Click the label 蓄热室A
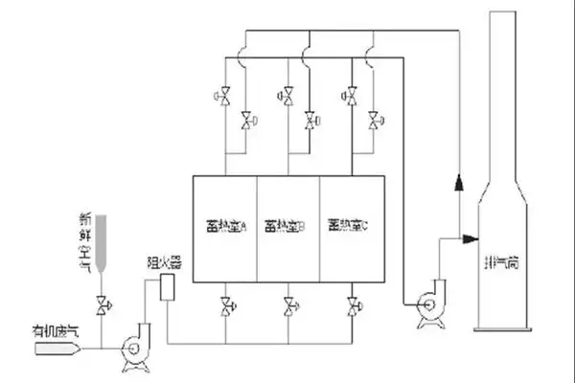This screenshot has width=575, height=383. [x=227, y=228]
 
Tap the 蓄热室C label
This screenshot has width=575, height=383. [x=347, y=227]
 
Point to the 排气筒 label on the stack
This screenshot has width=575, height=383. [x=504, y=259]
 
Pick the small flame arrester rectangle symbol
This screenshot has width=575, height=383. [x=168, y=286]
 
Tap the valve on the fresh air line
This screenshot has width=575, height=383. [x=102, y=305]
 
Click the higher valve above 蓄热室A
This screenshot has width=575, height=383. [x=225, y=96]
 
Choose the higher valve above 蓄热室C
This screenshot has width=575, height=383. [x=351, y=96]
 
